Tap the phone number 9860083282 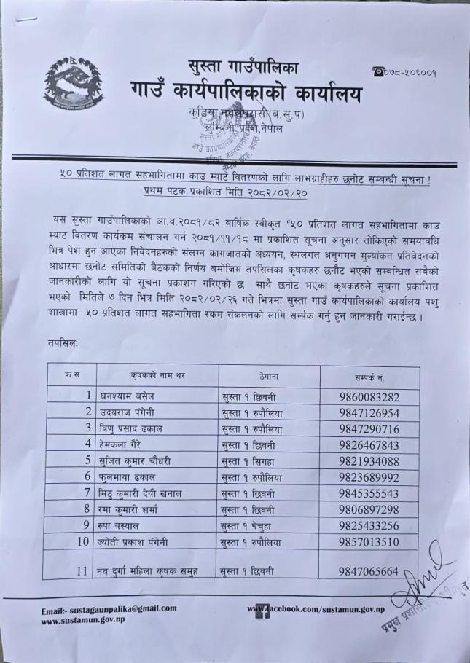(369, 398)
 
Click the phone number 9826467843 (369, 445)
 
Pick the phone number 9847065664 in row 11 (369, 572)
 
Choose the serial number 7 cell (86, 493)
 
